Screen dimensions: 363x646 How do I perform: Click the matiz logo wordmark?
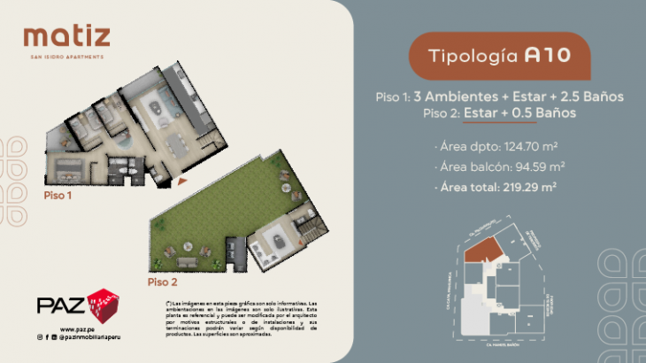(x=67, y=37)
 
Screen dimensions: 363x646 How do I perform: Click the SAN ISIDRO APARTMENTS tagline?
(x=67, y=57)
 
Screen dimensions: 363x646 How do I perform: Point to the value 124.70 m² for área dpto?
(x=533, y=146)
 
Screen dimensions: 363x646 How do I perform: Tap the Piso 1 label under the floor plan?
(x=58, y=195)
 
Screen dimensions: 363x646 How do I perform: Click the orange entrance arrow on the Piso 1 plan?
(x=181, y=181)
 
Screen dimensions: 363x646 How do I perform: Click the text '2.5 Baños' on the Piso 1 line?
(x=594, y=97)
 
